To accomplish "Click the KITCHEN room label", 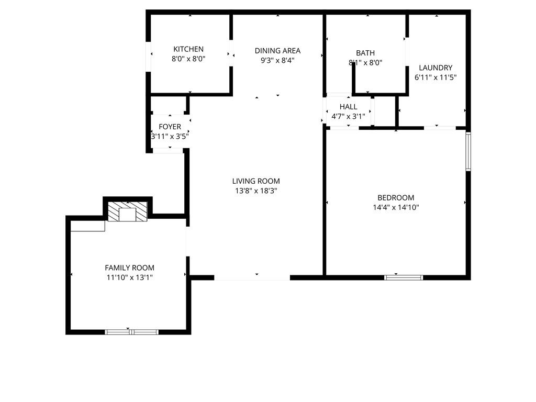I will tap(188, 49).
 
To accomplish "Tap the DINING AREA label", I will tap(277, 51).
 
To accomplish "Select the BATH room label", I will tap(365, 53).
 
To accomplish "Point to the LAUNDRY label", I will tap(435, 68).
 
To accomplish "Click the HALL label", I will tap(348, 107).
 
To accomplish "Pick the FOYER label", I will tap(170, 127).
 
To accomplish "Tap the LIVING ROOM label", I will tap(256, 181).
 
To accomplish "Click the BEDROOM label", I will tap(396, 197).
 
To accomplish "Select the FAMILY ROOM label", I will tap(129, 267).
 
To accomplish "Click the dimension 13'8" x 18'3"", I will tap(256, 191).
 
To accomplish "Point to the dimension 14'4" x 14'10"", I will tap(396, 207).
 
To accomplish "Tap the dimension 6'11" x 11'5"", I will tap(435, 77).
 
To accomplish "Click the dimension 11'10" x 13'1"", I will tap(129, 277).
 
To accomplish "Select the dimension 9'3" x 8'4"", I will tap(277, 60).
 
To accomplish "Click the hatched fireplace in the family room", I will tap(128, 212).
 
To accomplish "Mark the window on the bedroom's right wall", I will tap(468, 151).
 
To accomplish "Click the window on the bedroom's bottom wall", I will tap(404, 277).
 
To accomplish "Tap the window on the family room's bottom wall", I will tap(131, 332).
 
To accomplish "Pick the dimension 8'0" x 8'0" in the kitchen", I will tap(188, 59).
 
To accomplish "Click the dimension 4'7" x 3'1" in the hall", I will tap(348, 117).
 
